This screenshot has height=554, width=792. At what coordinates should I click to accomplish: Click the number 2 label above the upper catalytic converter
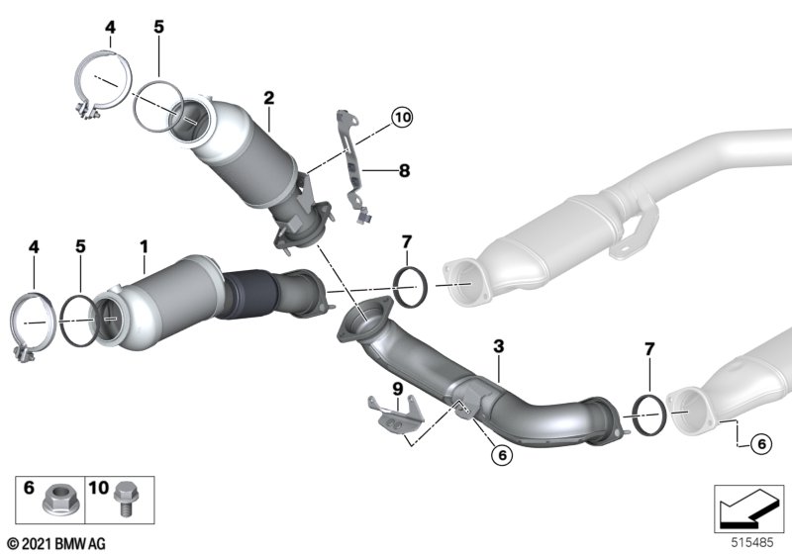coord(268,98)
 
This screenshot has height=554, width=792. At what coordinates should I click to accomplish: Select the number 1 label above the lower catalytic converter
coord(145,246)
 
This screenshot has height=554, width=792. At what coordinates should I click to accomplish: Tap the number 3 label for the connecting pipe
coord(499,346)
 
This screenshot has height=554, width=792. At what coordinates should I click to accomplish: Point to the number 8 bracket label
coord(404,170)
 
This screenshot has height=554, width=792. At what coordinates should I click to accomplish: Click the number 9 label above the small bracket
coord(398,389)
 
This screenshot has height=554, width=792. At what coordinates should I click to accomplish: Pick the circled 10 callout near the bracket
coord(402,118)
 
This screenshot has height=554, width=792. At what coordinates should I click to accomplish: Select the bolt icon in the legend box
coord(126,499)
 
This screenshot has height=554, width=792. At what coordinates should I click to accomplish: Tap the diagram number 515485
coord(752,543)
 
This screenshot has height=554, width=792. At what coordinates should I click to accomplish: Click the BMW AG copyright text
coord(56,544)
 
